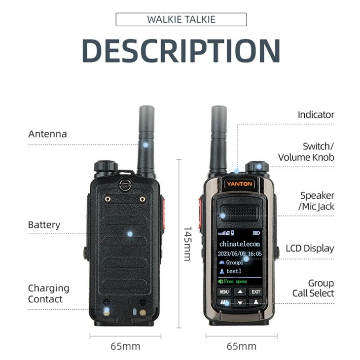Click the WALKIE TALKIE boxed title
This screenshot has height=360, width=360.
pyautogui.click(x=181, y=20)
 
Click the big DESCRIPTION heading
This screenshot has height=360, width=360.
pyautogui.click(x=180, y=50)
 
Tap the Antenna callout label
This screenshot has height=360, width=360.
pyautogui.click(x=47, y=134)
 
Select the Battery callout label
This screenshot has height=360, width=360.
pyautogui.click(x=44, y=225)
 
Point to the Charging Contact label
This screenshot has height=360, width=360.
pyautogui.click(x=48, y=293)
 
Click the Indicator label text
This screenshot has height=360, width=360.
pyautogui.click(x=316, y=115)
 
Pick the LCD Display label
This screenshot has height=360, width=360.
pyautogui.click(x=310, y=249)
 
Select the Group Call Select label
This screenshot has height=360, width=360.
pyautogui.click(x=314, y=288)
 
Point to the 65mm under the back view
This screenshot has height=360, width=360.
pyautogui.click(x=125, y=346)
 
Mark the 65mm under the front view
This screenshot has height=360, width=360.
pyautogui.click(x=241, y=346)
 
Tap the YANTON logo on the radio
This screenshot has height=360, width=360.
pyautogui.click(x=240, y=184)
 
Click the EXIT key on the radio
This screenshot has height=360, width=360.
pyautogui.click(x=255, y=292)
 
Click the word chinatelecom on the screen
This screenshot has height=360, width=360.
pyautogui.click(x=240, y=244)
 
